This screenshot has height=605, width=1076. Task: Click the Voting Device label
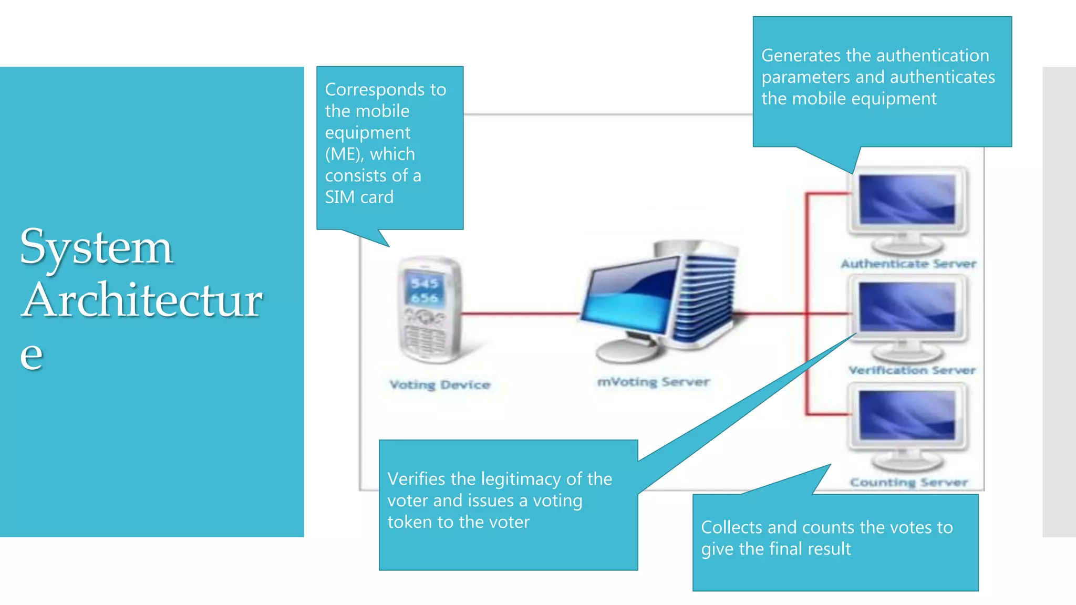pyautogui.click(x=440, y=384)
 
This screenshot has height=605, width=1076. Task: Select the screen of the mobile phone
pyautogui.click(x=425, y=290)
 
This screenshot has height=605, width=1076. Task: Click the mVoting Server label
pyautogui.click(x=653, y=382)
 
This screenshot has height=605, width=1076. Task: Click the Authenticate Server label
pyautogui.click(x=908, y=264)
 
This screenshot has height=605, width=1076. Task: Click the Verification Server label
pyautogui.click(x=912, y=370)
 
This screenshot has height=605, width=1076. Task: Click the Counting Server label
pyautogui.click(x=909, y=482)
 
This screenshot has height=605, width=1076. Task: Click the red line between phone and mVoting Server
pyautogui.click(x=520, y=314)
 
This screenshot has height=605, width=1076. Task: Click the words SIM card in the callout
pyautogui.click(x=359, y=197)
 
